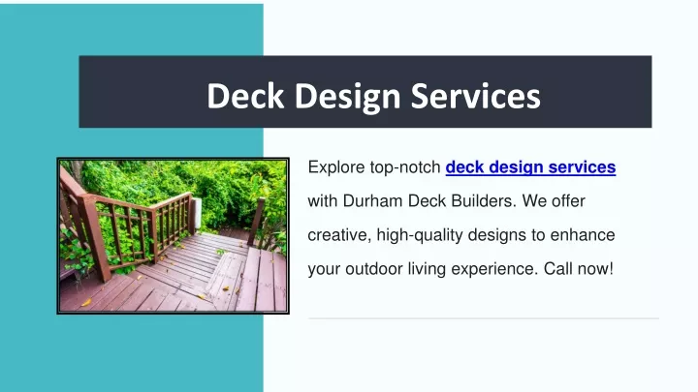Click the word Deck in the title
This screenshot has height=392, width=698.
[x=245, y=96]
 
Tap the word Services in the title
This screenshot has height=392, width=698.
[x=475, y=96]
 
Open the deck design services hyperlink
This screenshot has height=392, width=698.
[x=530, y=167]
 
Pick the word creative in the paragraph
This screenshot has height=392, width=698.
[x=339, y=235]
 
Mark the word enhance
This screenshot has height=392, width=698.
[x=583, y=235]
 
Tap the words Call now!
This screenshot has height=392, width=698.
[x=579, y=269]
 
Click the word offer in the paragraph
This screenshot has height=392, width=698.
[x=568, y=201]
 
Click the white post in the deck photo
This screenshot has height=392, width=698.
[x=197, y=212]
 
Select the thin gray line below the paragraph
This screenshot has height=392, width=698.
[x=484, y=318]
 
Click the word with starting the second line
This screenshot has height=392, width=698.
[x=323, y=201]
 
